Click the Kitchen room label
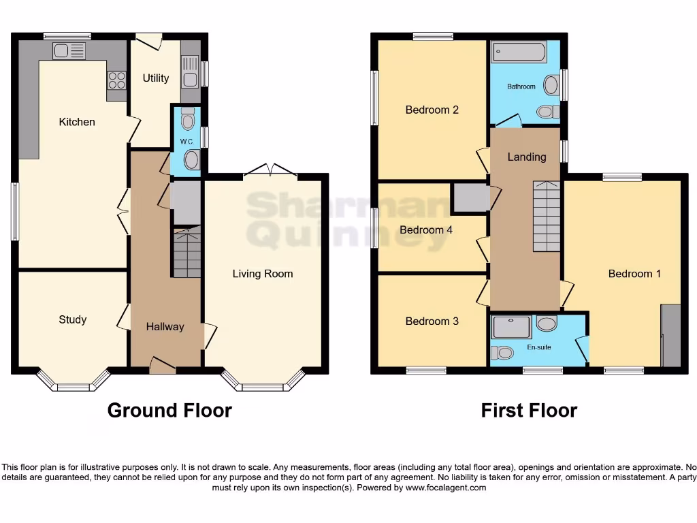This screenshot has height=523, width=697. [77, 122]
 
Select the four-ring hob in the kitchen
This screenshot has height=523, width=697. [116, 80]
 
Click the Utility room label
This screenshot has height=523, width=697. [155, 78]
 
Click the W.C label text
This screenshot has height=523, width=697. [187, 141]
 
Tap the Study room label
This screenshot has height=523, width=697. [72, 319]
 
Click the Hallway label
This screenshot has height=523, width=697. [165, 327]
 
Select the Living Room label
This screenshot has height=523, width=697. [263, 274]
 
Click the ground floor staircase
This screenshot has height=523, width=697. [187, 253]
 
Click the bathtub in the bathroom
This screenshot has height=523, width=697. [519, 52]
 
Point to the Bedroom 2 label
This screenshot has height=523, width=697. [432, 110]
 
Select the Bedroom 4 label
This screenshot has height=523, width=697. [426, 230]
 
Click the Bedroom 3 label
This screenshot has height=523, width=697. [432, 321]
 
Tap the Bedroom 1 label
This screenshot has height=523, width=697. [634, 274]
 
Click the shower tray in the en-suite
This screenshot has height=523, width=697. [511, 327]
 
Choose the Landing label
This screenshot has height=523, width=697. [527, 157]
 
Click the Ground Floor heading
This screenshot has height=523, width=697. [169, 411]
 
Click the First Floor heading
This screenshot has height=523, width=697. [529, 411]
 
